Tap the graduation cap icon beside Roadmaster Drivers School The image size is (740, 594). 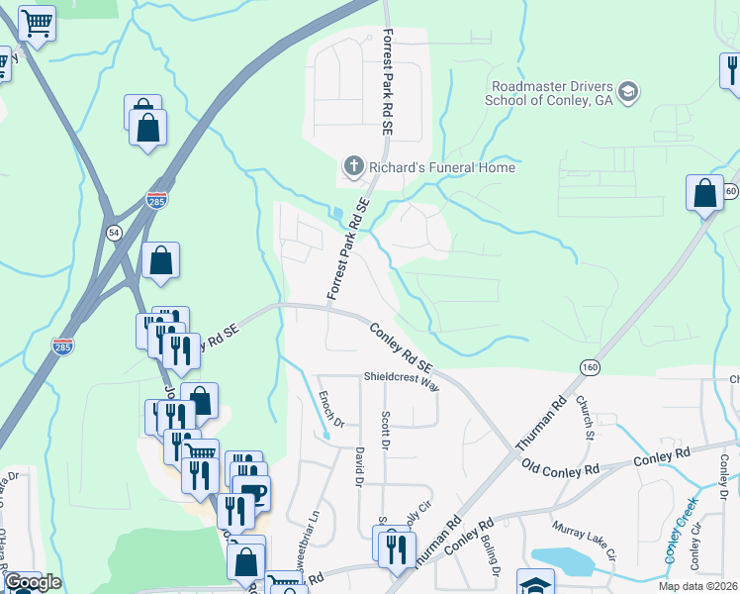627,93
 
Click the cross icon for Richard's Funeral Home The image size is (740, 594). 352,167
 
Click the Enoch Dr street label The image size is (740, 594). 329,410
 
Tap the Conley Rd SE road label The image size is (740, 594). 403,348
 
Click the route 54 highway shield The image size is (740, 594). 114,232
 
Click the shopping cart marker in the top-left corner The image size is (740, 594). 37,23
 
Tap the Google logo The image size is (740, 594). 33,582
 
